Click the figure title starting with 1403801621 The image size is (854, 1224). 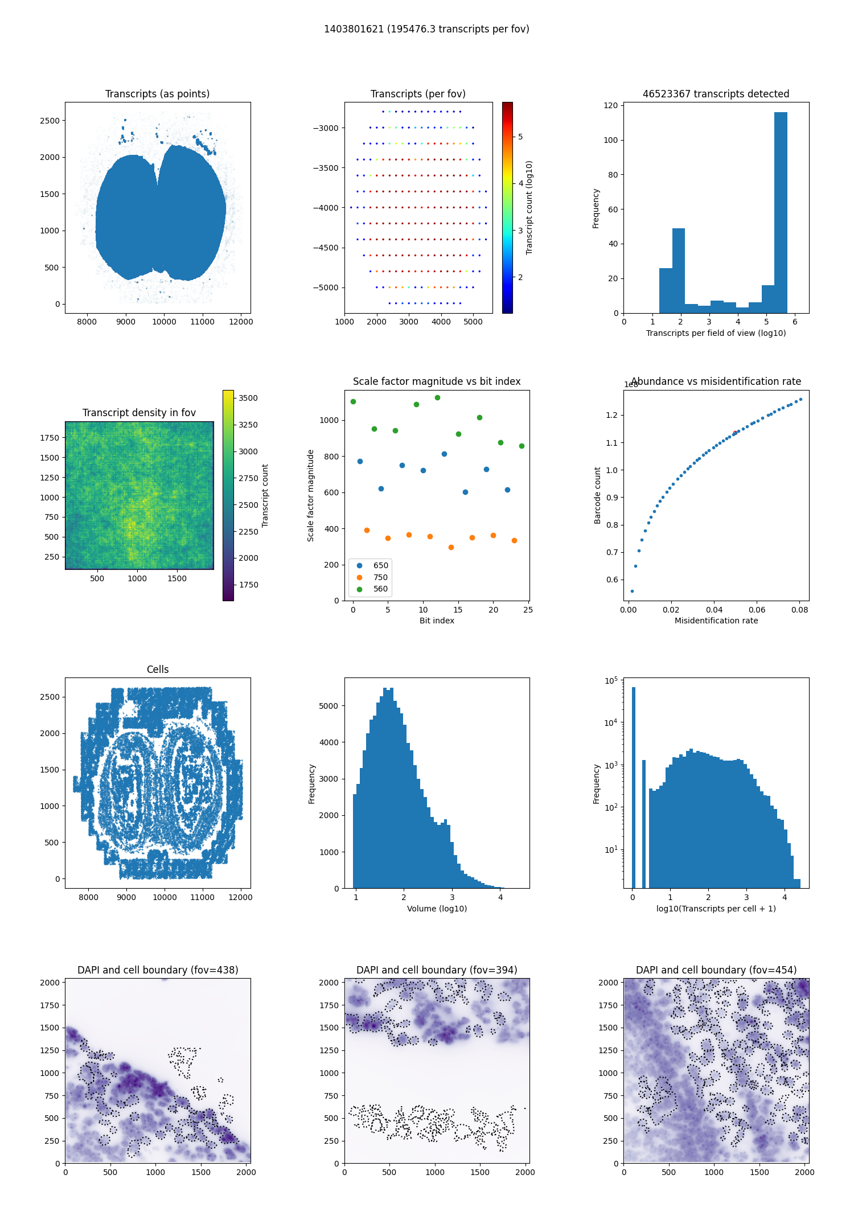coord(426,29)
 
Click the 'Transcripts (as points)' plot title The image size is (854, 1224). coord(157,94)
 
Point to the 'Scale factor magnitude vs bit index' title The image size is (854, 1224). coord(437,381)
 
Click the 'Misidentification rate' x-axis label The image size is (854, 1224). coord(716,621)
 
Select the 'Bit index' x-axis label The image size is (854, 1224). coord(437,621)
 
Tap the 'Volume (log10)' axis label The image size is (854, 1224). coord(437,909)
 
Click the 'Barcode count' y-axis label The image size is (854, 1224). coord(597,495)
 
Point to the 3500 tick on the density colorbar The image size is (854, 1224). coord(248,398)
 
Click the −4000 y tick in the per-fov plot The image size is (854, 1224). coord(326,208)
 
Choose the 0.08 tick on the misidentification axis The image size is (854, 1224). coord(799,610)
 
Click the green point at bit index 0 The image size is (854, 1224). coord(353,401)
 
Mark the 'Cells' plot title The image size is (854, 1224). coord(158,669)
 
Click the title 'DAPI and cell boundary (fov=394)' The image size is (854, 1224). coord(437,970)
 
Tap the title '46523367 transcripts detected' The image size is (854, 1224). coord(716,94)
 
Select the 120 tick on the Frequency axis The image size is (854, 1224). coord(610,105)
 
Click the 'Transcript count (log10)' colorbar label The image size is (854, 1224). coord(529,208)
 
